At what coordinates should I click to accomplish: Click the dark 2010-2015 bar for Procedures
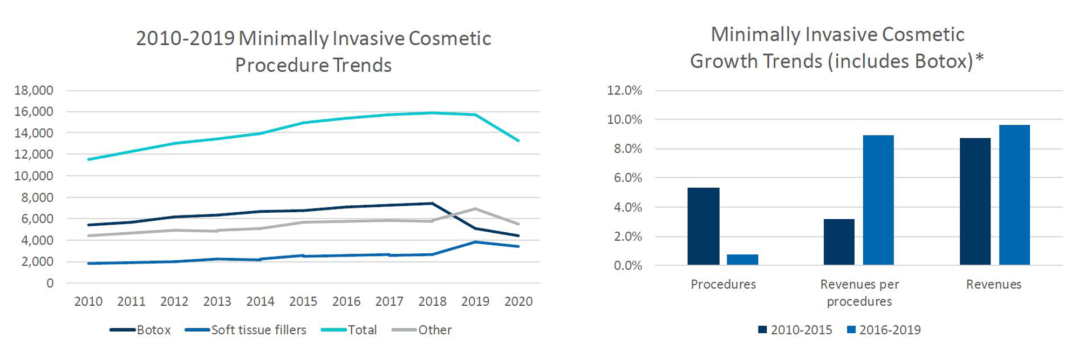click(x=703, y=226)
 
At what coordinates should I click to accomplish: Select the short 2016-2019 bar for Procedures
click(x=742, y=260)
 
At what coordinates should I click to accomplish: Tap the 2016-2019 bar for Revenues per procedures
click(x=878, y=200)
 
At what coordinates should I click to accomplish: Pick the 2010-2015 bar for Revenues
click(x=975, y=201)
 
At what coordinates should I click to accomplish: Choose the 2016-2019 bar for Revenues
click(x=1014, y=195)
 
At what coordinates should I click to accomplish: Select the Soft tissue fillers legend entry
click(x=245, y=330)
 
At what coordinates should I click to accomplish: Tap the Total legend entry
click(x=349, y=330)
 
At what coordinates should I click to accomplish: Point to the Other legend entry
click(x=422, y=330)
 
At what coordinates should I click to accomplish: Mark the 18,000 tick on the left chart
click(x=33, y=90)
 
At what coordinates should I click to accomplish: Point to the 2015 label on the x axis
click(x=303, y=301)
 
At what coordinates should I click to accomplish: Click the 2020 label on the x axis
click(x=518, y=301)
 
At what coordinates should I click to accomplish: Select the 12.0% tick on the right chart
click(x=624, y=90)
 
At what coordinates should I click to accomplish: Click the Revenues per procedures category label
click(x=859, y=293)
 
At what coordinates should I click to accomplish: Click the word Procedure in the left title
click(x=281, y=65)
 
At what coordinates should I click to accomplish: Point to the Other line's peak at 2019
click(x=475, y=208)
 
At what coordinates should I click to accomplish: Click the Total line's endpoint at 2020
click(x=518, y=141)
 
